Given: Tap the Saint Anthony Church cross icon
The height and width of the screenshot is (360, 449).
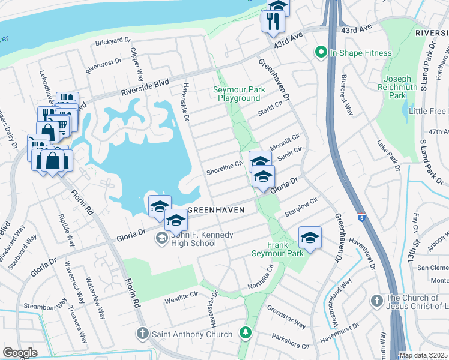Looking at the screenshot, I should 143,333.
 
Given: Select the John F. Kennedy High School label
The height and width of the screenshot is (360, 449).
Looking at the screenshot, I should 194,239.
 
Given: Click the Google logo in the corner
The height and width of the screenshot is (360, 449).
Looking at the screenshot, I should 20,352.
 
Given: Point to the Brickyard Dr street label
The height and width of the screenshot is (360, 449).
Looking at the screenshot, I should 113,41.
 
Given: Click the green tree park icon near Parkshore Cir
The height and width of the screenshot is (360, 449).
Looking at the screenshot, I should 245,332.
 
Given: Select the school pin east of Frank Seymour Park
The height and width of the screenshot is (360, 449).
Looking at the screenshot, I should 310,238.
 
